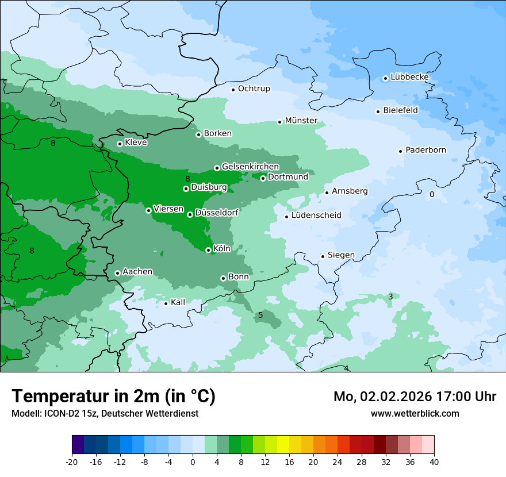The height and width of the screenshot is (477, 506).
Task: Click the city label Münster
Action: pyautogui.click(x=301, y=121)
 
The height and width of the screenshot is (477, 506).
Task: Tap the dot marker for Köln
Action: pyautogui.click(x=208, y=250)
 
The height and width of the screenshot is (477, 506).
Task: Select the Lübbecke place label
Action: pyautogui.click(x=409, y=77)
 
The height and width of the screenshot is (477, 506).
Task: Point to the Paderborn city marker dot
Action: pyautogui.click(x=400, y=151)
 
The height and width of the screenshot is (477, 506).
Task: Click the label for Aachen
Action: pyautogui.click(x=137, y=271)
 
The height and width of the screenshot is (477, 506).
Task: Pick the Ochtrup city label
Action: pyautogui.click(x=254, y=89)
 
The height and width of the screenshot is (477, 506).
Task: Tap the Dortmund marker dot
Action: pyautogui.click(x=263, y=178)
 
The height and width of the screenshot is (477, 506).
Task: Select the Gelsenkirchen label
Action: pyautogui.click(x=250, y=167)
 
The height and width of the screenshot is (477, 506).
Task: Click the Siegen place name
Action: pyautogui.click(x=341, y=255)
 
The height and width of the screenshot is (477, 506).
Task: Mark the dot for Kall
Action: pyautogui.click(x=166, y=303)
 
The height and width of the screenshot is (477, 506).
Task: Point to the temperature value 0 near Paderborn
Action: pyautogui.click(x=432, y=195)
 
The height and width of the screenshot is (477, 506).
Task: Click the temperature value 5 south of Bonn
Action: pyautogui.click(x=260, y=315)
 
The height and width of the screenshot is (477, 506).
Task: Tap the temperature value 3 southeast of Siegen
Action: pyautogui.click(x=390, y=297)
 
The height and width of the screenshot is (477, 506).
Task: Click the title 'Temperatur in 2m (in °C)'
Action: pyautogui.click(x=113, y=396)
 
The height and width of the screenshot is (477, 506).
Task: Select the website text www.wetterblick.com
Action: pyautogui.click(x=415, y=413)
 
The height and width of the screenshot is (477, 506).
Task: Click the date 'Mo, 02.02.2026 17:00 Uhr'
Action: pyautogui.click(x=415, y=397)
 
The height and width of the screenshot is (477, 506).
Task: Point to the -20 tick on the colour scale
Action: pyautogui.click(x=72, y=462)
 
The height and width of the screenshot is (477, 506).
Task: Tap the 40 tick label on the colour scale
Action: pyautogui.click(x=434, y=462)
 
